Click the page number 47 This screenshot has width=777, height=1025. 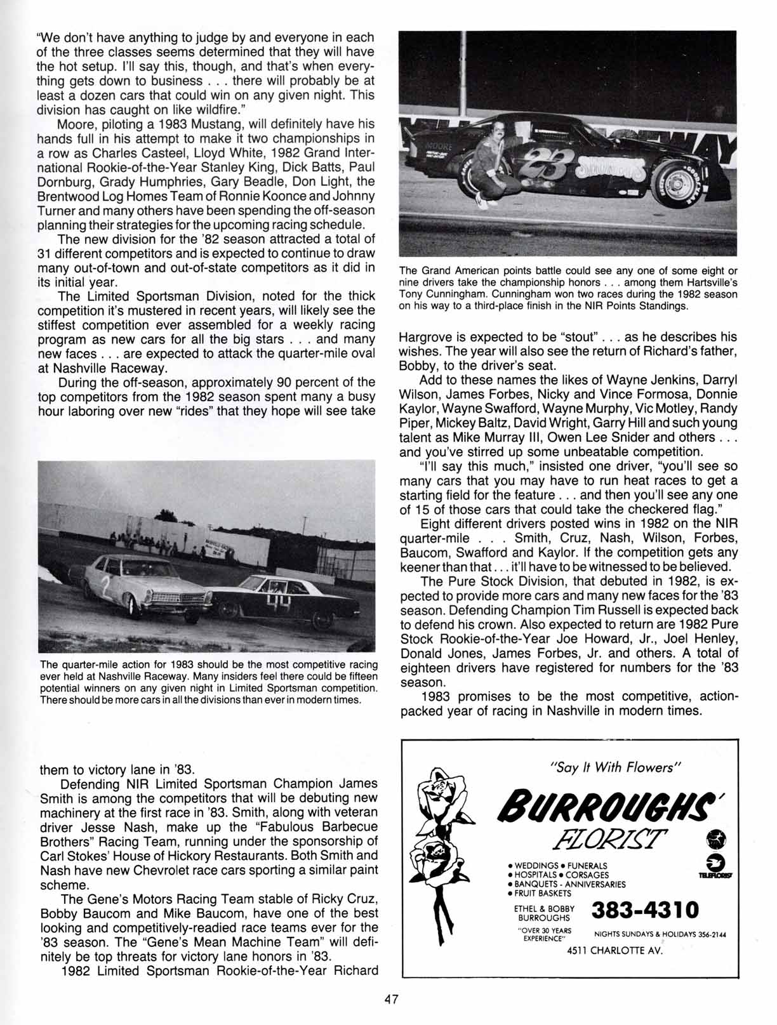coord(390,1000)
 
